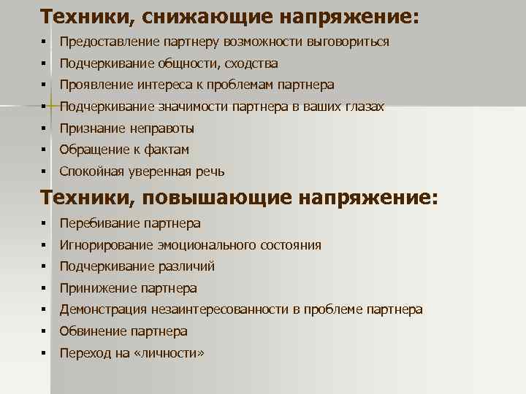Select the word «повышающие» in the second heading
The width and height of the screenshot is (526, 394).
(220, 197)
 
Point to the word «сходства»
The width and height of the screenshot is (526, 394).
(254, 63)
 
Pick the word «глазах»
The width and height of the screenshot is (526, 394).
(362, 107)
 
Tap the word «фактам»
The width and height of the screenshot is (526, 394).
(167, 150)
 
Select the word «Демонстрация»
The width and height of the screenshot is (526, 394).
(101, 309)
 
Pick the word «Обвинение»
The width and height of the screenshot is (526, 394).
(92, 331)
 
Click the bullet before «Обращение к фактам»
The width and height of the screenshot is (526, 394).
(45, 150)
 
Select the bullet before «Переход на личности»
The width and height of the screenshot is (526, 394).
(45, 353)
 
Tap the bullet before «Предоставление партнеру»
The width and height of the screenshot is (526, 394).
(45, 42)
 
